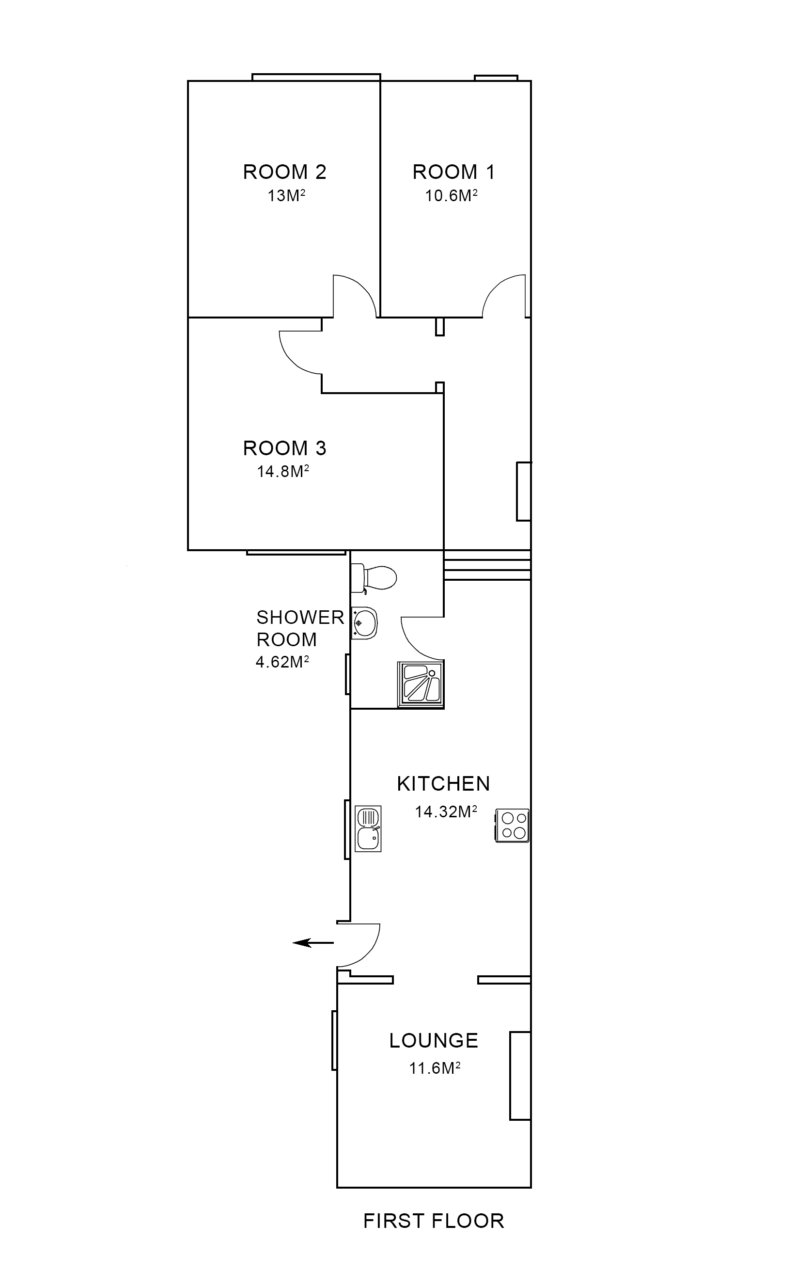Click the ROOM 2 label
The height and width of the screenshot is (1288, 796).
coord(284,172)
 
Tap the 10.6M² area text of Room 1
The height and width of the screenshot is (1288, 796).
coord(451,196)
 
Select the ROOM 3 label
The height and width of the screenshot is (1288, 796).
coord(284,448)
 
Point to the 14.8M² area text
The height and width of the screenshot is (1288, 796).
coord(283,472)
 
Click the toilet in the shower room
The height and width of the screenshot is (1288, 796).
coord(375,577)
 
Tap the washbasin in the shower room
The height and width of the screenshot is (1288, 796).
coord(364,623)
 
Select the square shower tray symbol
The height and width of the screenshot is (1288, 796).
coord(421,684)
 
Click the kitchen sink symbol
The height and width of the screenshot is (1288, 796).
coord(368,828)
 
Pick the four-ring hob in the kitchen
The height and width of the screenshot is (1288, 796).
coord(512,826)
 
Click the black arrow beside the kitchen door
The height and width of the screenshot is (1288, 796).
coord(312,942)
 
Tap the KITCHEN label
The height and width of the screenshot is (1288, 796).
coord(443,784)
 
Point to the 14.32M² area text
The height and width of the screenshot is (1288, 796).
coord(446,812)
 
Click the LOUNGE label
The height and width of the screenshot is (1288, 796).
coord(434,1040)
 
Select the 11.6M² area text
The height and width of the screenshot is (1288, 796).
coord(435,1068)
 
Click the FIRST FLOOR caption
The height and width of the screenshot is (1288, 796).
coord(434,1221)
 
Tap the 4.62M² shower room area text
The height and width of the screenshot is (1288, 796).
coord(282,662)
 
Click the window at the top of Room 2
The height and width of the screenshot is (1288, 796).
coord(316,77)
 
